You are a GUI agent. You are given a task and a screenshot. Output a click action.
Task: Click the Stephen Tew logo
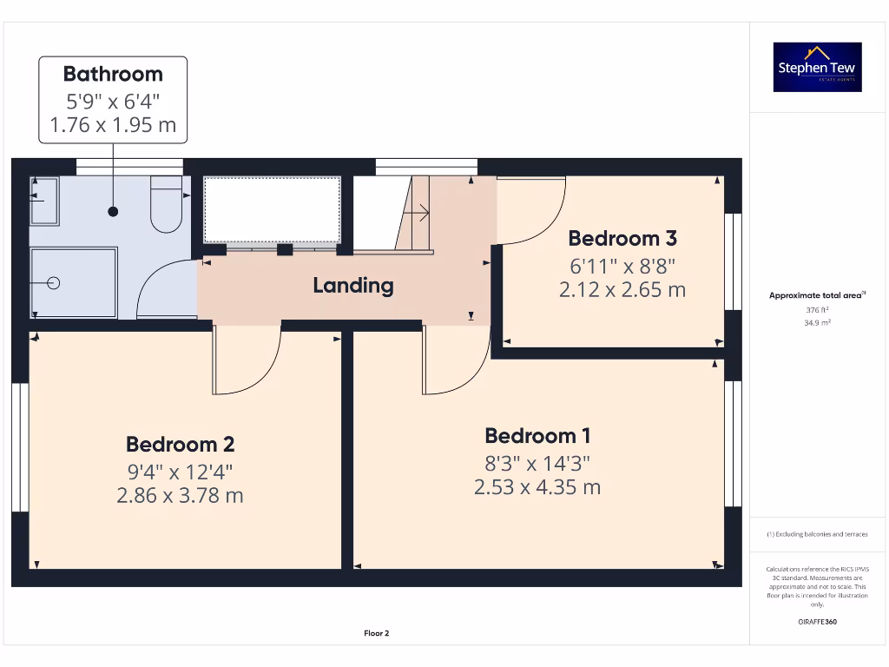click(x=817, y=68)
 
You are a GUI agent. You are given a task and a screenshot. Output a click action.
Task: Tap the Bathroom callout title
click(x=113, y=74)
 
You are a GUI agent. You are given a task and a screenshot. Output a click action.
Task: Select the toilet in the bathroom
click(x=165, y=205)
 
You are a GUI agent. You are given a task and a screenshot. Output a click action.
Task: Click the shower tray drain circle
click(x=54, y=283)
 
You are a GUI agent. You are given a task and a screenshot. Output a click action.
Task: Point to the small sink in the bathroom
click(x=44, y=201)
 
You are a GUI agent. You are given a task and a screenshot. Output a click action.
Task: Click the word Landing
click(x=352, y=285)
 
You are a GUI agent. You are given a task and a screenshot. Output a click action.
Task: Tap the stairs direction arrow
click(x=419, y=211)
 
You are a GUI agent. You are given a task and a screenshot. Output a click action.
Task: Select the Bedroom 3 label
click(x=622, y=238)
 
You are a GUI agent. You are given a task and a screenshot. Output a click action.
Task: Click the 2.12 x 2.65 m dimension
click(x=622, y=289)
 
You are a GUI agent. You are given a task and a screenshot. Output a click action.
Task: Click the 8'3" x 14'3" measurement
click(x=537, y=462)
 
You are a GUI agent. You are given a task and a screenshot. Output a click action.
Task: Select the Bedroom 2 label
click(x=180, y=444)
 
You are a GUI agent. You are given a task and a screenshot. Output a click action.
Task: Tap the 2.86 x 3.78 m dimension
click(x=180, y=496)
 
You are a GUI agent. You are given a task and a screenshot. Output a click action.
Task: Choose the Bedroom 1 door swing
click(x=457, y=360)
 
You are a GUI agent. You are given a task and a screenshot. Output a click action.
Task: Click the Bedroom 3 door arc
click(x=531, y=213)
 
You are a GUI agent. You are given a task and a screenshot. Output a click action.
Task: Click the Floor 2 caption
click(x=376, y=633)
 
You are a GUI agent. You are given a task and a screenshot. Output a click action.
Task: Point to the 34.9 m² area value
click(x=817, y=321)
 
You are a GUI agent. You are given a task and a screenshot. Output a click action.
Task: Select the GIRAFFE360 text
click(x=817, y=622)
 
